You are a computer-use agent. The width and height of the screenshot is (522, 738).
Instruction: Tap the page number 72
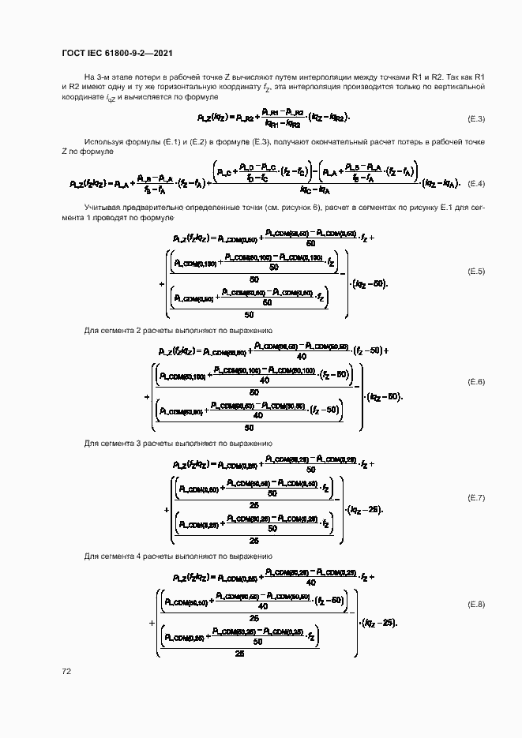click(66, 671)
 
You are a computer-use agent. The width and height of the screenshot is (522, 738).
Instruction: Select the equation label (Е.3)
click(476, 118)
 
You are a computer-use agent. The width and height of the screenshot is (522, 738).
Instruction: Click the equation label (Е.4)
click(476, 183)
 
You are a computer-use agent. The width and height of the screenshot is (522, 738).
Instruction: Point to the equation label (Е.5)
click(476, 272)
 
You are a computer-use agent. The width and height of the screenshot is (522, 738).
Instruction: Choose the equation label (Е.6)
click(476, 382)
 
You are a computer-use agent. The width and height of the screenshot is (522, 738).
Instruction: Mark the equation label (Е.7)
click(476, 497)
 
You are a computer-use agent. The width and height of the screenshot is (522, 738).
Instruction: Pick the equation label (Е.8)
click(476, 605)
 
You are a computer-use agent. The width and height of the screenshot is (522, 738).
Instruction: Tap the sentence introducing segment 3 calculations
click(178, 444)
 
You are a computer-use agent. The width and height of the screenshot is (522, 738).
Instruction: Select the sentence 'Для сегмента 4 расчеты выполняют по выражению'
click(178, 556)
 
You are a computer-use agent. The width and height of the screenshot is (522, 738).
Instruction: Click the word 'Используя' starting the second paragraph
click(102, 141)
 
